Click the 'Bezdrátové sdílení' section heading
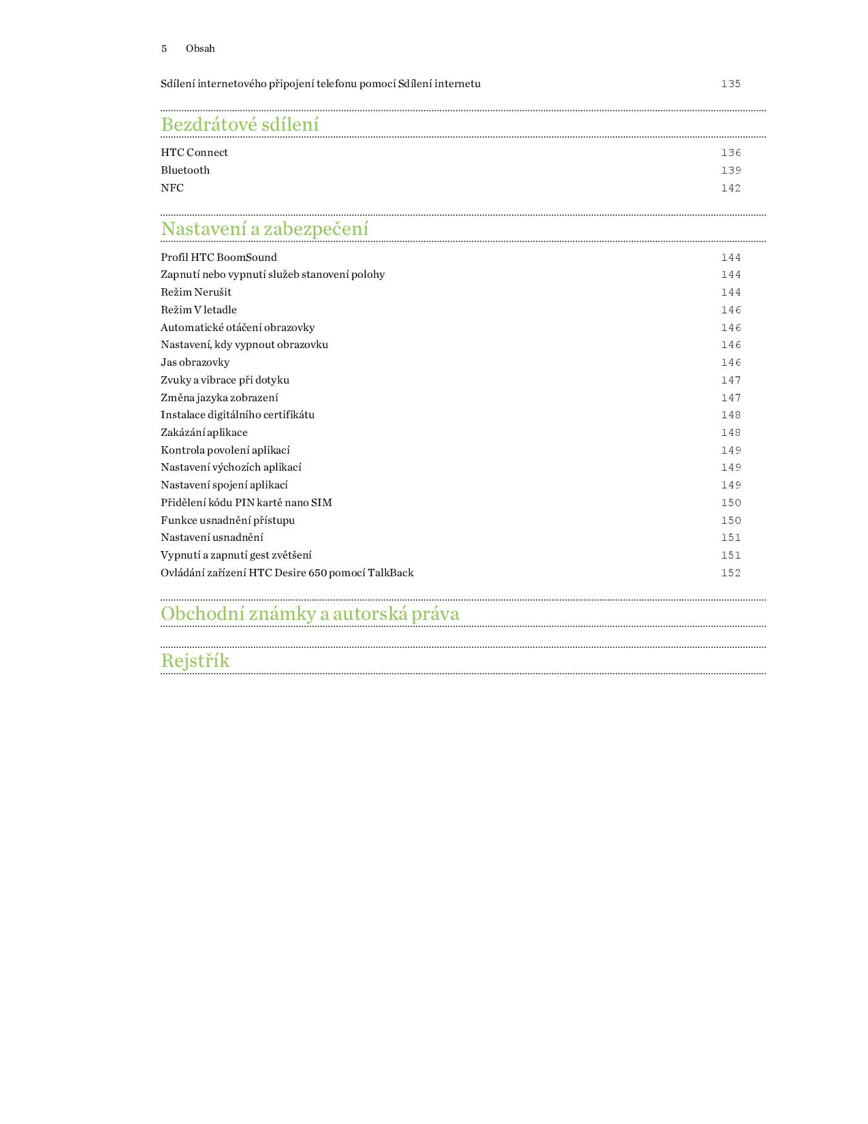pyautogui.click(x=240, y=125)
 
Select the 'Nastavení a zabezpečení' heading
pyautogui.click(x=264, y=229)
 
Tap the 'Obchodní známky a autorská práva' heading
pyautogui.click(x=310, y=614)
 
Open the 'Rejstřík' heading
pyautogui.click(x=195, y=661)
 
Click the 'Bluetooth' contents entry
pyautogui.click(x=185, y=170)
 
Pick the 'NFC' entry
pyautogui.click(x=172, y=188)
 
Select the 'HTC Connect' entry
pyautogui.click(x=194, y=153)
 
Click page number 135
pyautogui.click(x=730, y=84)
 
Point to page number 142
pyautogui.click(x=730, y=188)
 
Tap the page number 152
pyautogui.click(x=730, y=573)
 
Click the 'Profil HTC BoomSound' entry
pyautogui.click(x=219, y=257)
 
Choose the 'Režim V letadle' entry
pyautogui.click(x=199, y=310)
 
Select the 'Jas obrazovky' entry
pyautogui.click(x=195, y=362)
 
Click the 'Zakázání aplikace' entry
pyautogui.click(x=204, y=433)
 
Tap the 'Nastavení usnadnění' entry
pyautogui.click(x=212, y=537)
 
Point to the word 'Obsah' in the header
pyautogui.click(x=200, y=48)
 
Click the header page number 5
pyautogui.click(x=164, y=48)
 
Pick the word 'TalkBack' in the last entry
pyautogui.click(x=391, y=573)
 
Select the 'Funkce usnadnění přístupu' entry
pyautogui.click(x=227, y=520)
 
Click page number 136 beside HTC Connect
pyautogui.click(x=730, y=153)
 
